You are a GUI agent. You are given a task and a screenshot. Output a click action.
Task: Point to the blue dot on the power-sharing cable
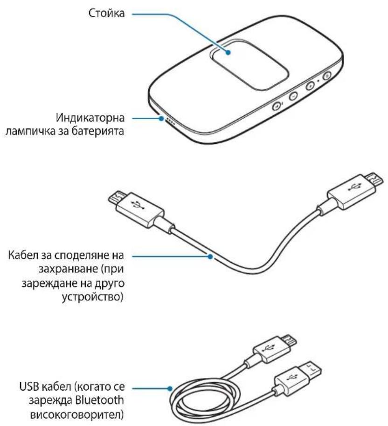pos(210,255)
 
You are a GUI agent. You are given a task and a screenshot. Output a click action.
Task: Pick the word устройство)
pos(98,296)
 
